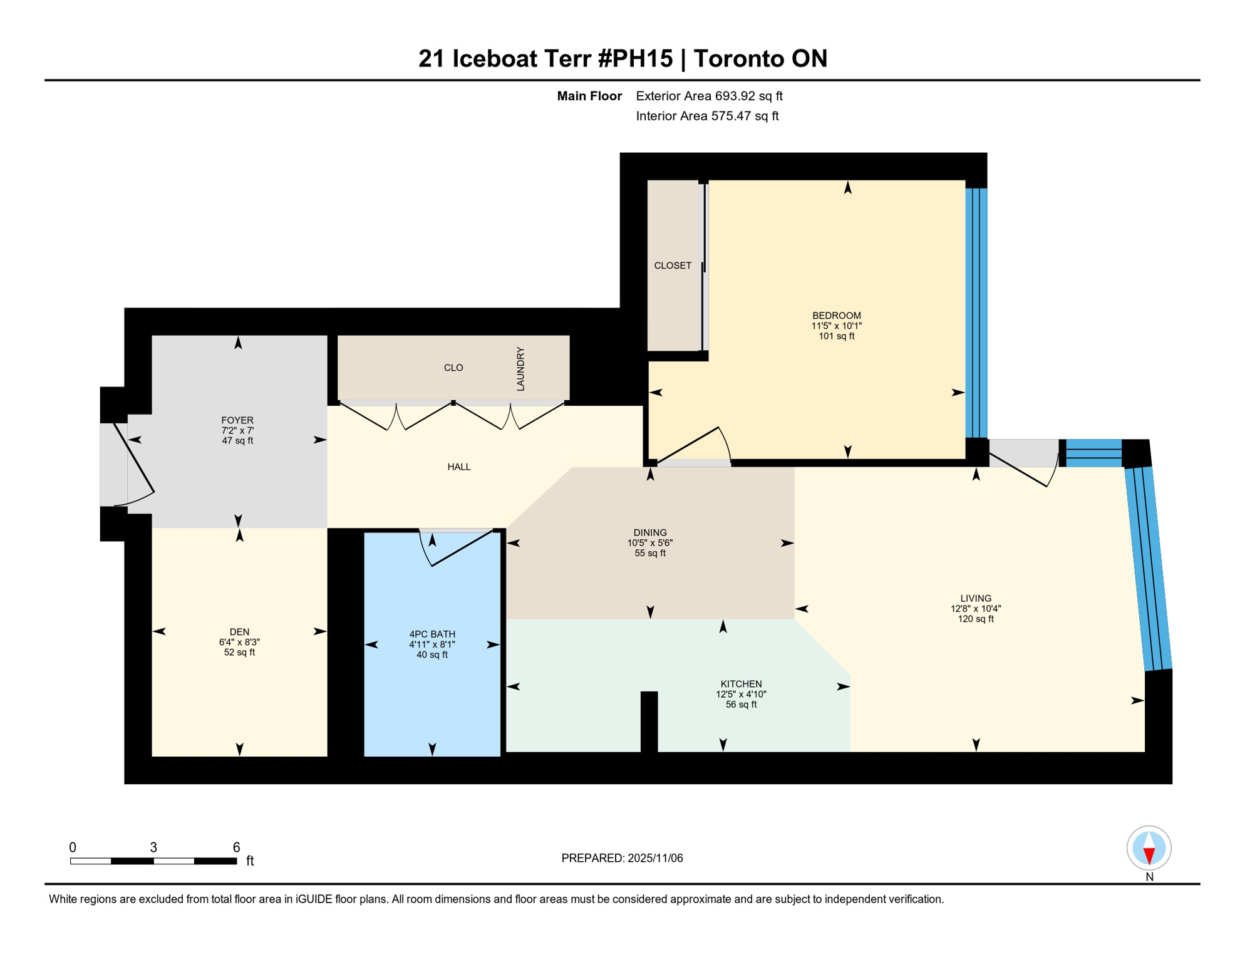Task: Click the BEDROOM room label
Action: coord(836,316)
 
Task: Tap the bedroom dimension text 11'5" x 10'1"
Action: coord(836,326)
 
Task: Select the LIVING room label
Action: coord(975,598)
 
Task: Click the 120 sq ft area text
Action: coord(975,619)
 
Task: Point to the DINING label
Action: coord(649,532)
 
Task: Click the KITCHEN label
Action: coord(741,684)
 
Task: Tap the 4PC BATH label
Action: coord(431,634)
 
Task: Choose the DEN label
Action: coord(239,632)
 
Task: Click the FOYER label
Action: coord(237,420)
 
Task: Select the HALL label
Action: coord(458,467)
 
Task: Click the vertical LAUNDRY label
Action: coord(520,369)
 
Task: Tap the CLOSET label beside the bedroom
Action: coord(673,266)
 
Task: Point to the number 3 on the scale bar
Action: coord(153,847)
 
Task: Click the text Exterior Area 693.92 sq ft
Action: coord(709,96)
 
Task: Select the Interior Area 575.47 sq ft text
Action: coord(707,116)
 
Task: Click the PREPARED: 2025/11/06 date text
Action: coord(622,858)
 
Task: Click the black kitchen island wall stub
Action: coord(649,721)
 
